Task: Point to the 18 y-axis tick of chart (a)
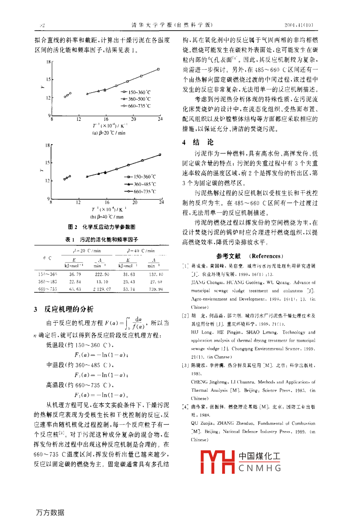pyautogui.click(x=48, y=62)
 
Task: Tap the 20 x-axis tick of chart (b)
pyautogui.click(x=135, y=202)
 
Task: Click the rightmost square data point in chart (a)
pyautogui.click(x=158, y=69)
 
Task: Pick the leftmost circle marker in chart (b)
pyautogui.click(x=65, y=179)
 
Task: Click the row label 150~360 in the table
pyautogui.click(x=47, y=274)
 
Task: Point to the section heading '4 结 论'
pyautogui.click(x=198, y=142)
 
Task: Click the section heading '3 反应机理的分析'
pyautogui.click(x=63, y=309)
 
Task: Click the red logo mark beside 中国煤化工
pyautogui.click(x=217, y=462)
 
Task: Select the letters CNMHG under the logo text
pyautogui.click(x=260, y=468)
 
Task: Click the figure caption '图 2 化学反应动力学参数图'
pyautogui.click(x=102, y=227)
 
